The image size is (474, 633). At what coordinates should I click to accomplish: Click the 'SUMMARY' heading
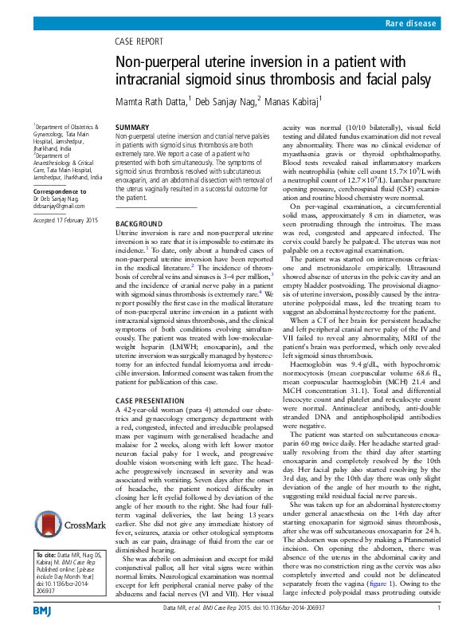132,128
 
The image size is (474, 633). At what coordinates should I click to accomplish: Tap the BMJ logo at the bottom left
41,610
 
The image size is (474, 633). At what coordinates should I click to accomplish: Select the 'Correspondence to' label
60,192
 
